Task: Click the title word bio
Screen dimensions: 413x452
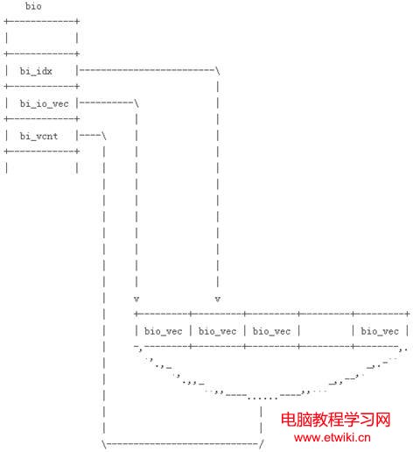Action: (x=33, y=6)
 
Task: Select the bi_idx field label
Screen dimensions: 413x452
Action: (x=36, y=71)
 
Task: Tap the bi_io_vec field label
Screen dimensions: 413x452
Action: (x=44, y=103)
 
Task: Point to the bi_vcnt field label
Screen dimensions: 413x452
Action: (x=38, y=136)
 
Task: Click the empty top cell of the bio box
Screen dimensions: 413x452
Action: (x=41, y=38)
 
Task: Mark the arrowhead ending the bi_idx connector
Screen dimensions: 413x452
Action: (x=218, y=299)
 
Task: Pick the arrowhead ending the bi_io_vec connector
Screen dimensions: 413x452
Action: (x=136, y=299)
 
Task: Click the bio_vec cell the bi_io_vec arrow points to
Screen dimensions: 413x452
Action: (x=164, y=331)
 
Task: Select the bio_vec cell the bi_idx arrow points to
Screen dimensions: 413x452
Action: (x=217, y=331)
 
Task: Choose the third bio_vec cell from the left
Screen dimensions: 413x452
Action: (x=271, y=331)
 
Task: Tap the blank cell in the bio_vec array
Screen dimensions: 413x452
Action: (x=325, y=331)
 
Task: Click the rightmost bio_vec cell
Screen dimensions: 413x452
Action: (x=380, y=331)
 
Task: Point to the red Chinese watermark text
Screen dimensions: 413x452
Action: (x=335, y=420)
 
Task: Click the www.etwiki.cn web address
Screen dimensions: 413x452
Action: (x=332, y=437)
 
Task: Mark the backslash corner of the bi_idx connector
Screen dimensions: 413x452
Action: (x=218, y=71)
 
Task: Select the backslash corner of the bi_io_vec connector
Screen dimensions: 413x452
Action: (x=136, y=103)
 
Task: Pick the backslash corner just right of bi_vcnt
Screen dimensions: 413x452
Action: (x=104, y=136)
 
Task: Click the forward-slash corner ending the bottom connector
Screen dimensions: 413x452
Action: (x=261, y=444)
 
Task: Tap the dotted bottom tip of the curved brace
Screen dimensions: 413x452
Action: (x=262, y=398)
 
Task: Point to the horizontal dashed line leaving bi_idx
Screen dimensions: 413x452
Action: (x=147, y=70)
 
